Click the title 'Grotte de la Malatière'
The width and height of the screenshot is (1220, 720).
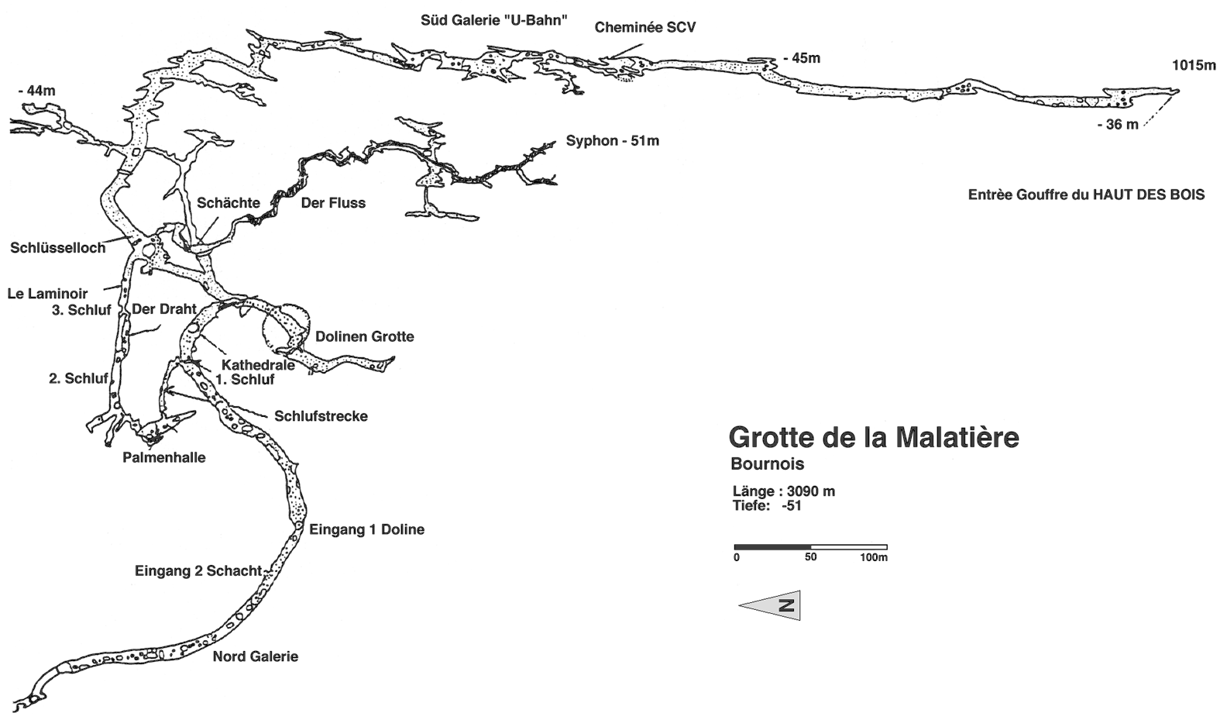(873, 438)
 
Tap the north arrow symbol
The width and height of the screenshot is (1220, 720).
(770, 605)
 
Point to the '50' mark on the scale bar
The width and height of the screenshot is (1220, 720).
(810, 557)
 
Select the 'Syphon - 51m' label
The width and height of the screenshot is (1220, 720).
(612, 141)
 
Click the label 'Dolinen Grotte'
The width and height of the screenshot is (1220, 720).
(364, 336)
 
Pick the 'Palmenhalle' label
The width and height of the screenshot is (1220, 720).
(164, 457)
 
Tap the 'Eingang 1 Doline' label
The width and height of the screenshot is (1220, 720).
(366, 530)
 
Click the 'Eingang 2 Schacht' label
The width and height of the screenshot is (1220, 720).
(198, 571)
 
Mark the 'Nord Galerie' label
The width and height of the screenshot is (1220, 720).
(255, 656)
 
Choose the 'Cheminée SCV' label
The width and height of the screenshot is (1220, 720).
(645, 28)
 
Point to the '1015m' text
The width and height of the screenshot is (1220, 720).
(1194, 66)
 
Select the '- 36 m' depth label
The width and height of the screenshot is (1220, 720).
(1118, 125)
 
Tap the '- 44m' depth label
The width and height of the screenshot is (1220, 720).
(36, 91)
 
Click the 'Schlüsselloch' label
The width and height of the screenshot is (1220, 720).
(57, 248)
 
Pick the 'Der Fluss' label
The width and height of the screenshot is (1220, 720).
(333, 203)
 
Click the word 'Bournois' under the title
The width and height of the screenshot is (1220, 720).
(767, 465)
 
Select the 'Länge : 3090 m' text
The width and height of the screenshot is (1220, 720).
(783, 491)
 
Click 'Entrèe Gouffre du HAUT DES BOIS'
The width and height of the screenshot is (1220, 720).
(1086, 195)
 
